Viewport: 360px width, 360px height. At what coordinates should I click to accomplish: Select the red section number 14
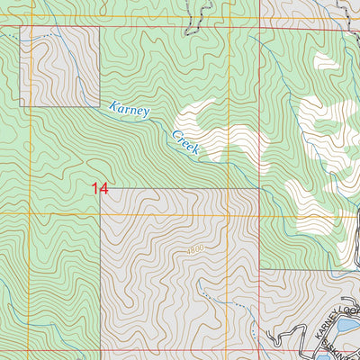(x=99, y=188)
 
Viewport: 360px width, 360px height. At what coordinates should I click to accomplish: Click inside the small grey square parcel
(x=59, y=67)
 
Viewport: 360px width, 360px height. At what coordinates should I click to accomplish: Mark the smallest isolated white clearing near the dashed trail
(x=326, y=62)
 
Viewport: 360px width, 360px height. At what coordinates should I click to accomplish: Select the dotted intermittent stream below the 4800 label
(x=209, y=297)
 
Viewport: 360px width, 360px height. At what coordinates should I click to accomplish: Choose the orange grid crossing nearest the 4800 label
(x=229, y=215)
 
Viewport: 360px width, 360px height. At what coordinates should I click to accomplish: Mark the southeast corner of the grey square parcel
(x=99, y=106)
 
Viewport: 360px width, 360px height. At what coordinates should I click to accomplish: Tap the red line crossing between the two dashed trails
(x=260, y=27)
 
